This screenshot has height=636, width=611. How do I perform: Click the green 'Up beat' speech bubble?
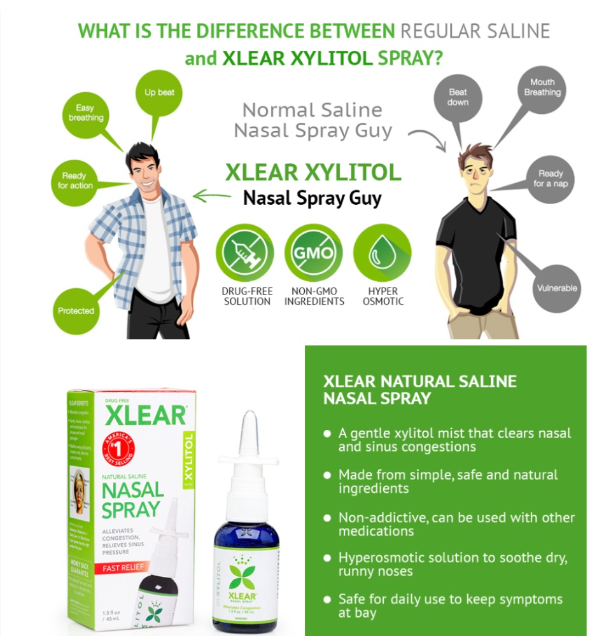[159, 93]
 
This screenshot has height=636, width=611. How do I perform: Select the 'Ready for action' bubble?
[76, 181]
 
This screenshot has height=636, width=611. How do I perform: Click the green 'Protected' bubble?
[76, 310]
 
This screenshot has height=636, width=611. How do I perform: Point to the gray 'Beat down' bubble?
[458, 97]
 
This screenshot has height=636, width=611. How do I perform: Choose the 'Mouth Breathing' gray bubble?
[542, 88]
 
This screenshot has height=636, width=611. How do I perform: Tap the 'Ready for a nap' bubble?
[551, 179]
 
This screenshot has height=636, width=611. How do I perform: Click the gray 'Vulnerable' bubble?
[556, 288]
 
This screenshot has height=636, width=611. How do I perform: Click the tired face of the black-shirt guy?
[475, 173]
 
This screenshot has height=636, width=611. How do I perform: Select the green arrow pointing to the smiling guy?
[211, 195]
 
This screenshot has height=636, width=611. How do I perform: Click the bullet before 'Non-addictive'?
[327, 518]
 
